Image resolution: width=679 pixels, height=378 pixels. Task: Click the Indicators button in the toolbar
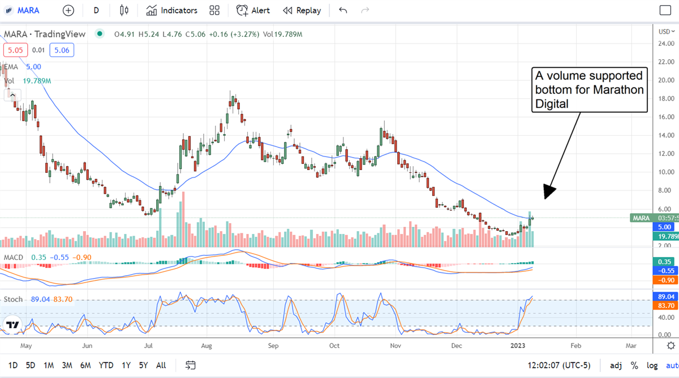pyautogui.click(x=171, y=10)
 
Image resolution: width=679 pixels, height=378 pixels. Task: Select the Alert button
pyautogui.click(x=253, y=10)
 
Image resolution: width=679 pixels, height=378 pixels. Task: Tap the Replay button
pyautogui.click(x=302, y=10)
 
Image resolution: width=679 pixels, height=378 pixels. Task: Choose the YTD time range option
pyautogui.click(x=106, y=365)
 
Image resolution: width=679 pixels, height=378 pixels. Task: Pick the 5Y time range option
pyautogui.click(x=143, y=365)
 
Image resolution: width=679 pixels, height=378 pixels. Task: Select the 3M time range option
pyautogui.click(x=67, y=365)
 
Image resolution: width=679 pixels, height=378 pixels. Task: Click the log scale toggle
pyautogui.click(x=652, y=365)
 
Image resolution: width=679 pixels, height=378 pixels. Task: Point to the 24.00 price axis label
pyautogui.click(x=666, y=43)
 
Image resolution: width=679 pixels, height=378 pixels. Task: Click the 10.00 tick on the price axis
pyautogui.click(x=666, y=172)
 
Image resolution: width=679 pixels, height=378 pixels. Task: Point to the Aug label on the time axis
pyautogui.click(x=206, y=345)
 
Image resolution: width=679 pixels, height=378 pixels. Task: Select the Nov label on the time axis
pyautogui.click(x=396, y=345)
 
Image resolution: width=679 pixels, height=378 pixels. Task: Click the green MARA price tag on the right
pyautogui.click(x=641, y=218)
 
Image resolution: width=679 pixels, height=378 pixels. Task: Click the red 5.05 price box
pyautogui.click(x=14, y=50)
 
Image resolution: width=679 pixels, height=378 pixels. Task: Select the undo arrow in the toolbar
pyautogui.click(x=343, y=10)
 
